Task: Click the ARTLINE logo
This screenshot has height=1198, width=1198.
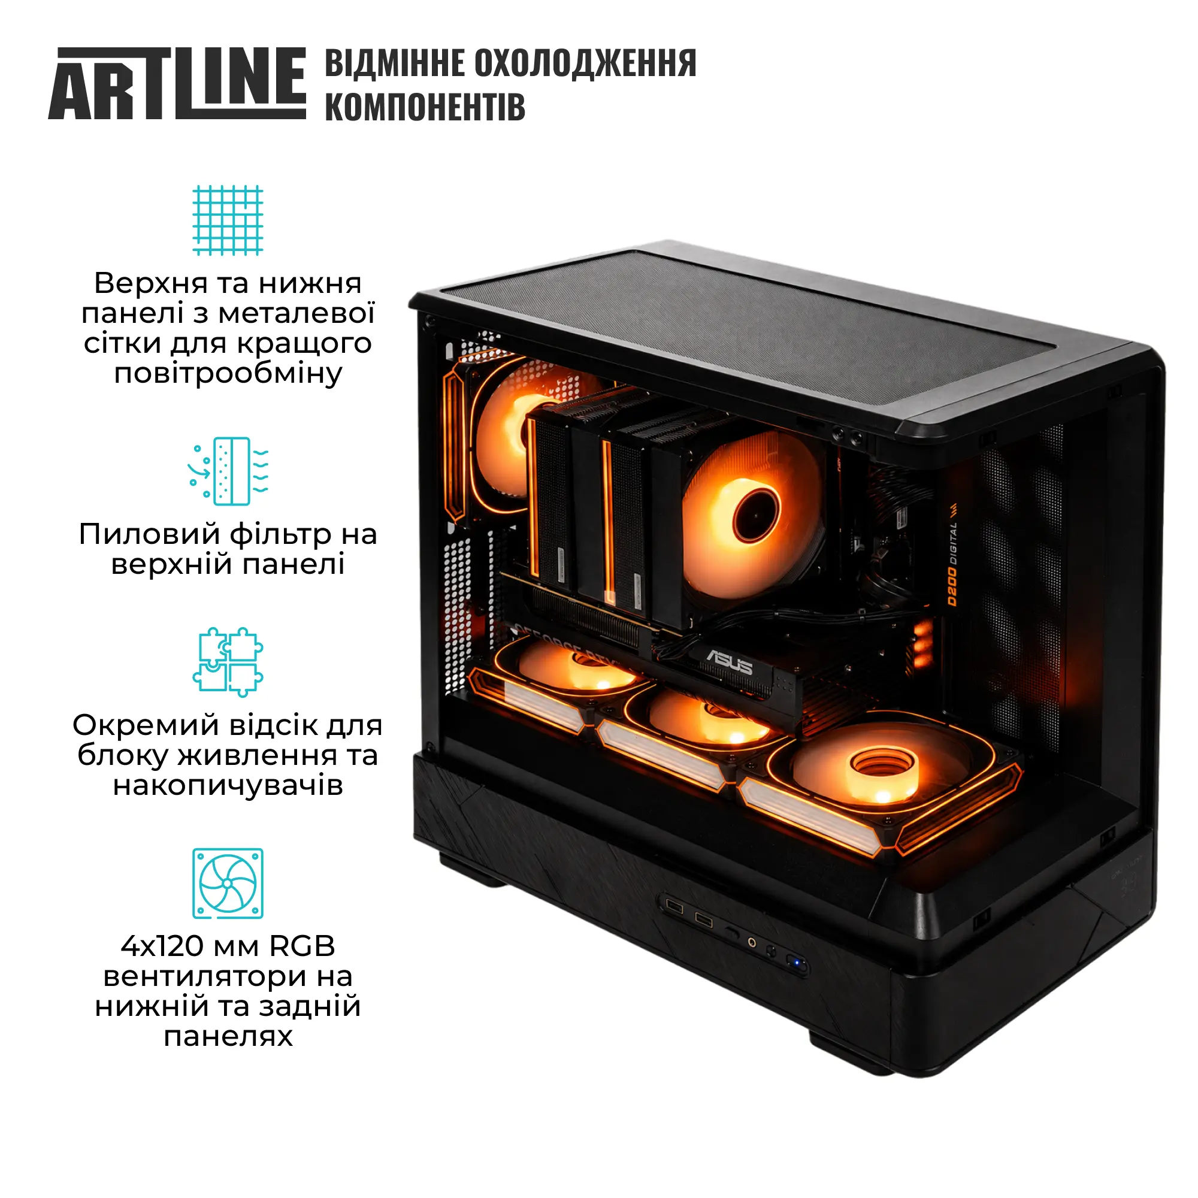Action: point(177,83)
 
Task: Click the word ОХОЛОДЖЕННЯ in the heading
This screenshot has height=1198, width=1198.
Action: point(585,63)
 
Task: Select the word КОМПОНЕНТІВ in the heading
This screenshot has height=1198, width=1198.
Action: point(425,106)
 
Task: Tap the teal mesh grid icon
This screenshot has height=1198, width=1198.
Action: point(228,220)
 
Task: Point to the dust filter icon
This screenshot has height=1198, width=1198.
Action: point(228,471)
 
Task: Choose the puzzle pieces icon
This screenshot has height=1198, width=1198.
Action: point(228,662)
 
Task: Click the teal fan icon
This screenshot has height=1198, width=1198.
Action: point(228,884)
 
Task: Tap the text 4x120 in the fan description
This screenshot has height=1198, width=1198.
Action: point(162,946)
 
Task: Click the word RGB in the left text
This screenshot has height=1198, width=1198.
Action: point(302,946)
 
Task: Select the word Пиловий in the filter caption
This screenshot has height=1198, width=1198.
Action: point(149,534)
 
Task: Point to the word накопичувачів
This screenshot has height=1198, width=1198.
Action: point(228,786)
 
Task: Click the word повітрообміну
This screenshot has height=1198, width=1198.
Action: point(228,373)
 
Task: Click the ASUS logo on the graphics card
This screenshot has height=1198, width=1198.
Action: point(730,662)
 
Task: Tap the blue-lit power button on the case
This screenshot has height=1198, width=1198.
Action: point(795,963)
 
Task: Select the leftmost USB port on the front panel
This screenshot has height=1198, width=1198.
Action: point(674,909)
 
